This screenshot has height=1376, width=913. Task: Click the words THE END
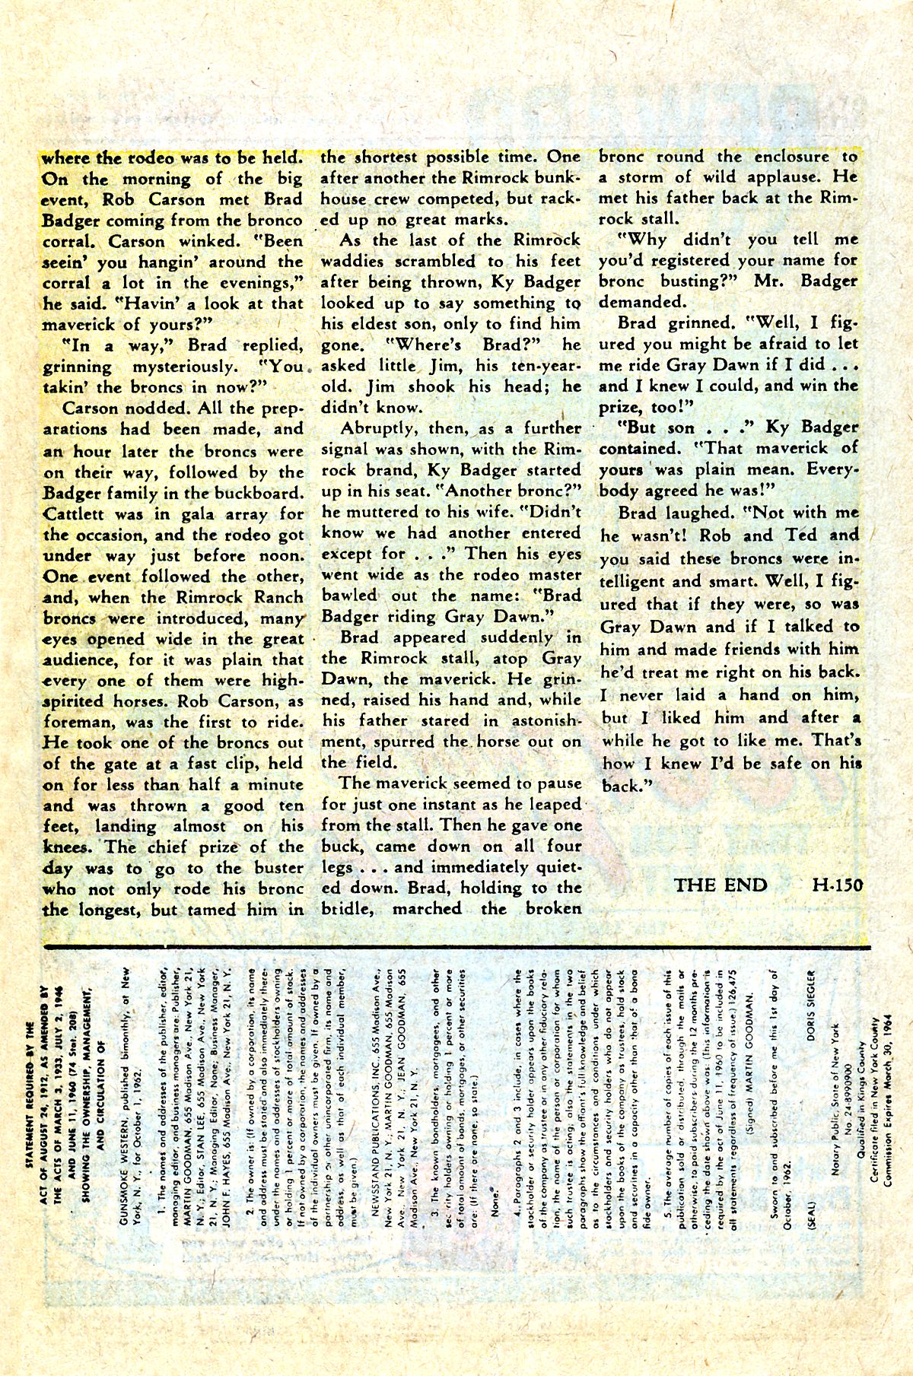(x=720, y=885)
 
